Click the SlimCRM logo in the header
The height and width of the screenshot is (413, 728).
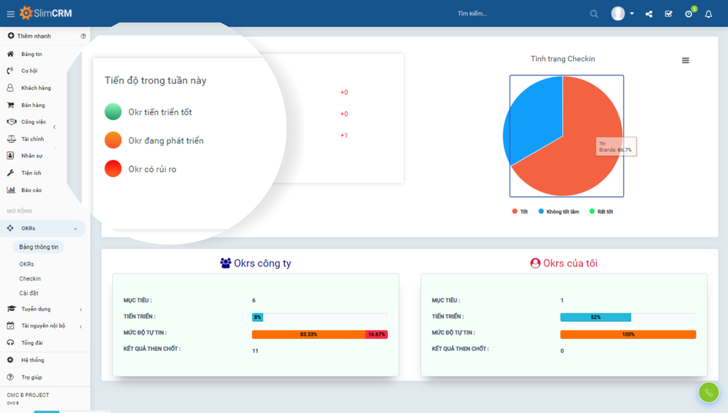[46, 13]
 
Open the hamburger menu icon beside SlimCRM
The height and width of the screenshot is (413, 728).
[11, 14]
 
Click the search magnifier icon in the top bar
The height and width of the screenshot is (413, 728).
[594, 14]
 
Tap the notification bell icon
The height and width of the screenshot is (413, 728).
[708, 14]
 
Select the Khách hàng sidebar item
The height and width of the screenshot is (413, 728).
[36, 88]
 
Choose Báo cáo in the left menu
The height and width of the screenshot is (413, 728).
[31, 190]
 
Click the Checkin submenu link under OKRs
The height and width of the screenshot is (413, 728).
[30, 279]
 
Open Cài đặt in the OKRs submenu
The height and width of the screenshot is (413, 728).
[29, 294]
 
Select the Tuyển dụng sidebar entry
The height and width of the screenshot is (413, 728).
[36, 309]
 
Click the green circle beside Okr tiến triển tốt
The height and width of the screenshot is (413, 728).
[113, 111]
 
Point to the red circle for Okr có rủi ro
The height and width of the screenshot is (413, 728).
[113, 168]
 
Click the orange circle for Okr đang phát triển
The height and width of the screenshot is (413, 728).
[113, 140]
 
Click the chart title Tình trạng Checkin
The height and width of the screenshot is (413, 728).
[563, 59]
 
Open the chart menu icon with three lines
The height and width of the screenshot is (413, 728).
[685, 60]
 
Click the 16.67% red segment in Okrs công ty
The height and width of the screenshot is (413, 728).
[376, 334]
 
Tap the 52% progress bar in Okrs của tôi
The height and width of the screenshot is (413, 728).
[596, 318]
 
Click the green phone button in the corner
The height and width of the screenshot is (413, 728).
[708, 393]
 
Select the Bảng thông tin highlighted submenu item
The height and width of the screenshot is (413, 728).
[39, 247]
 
